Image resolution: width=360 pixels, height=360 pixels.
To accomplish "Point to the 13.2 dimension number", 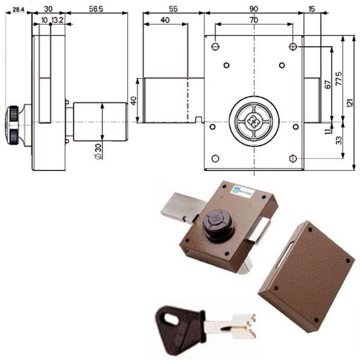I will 58,20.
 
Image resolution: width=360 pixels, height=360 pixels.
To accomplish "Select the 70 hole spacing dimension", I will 254,20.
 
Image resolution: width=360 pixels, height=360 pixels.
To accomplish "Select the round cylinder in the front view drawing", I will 254,121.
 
